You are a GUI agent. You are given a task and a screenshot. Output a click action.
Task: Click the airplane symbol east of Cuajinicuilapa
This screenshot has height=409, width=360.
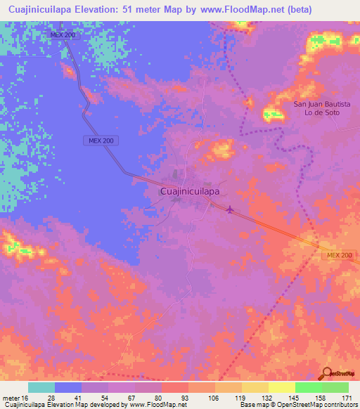pyautogui.click(x=231, y=208)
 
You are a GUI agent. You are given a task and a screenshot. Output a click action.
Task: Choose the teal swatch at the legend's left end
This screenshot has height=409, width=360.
pyautogui.click(x=41, y=387)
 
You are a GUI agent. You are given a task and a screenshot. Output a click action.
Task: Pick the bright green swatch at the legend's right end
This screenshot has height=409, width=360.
pyautogui.click(x=335, y=387)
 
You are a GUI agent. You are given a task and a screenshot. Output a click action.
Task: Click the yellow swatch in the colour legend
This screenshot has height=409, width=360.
pyautogui.click(x=281, y=387)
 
